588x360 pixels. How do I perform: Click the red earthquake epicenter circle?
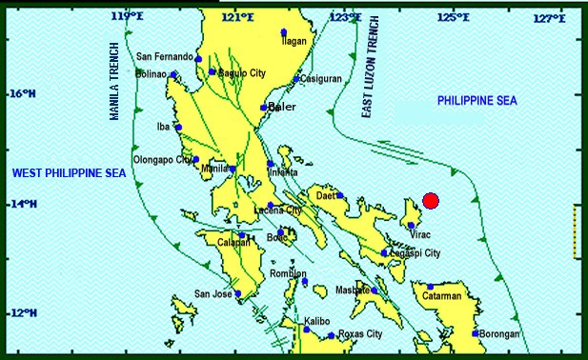click(431, 200)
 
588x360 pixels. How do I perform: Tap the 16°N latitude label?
click(23, 94)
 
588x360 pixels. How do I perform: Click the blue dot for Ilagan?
click(283, 32)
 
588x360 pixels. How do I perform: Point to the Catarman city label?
click(442, 296)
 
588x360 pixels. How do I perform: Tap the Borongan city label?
click(500, 334)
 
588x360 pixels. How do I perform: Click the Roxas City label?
click(361, 334)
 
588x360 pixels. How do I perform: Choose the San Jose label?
click(213, 293)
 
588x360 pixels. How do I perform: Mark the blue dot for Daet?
click(339, 195)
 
